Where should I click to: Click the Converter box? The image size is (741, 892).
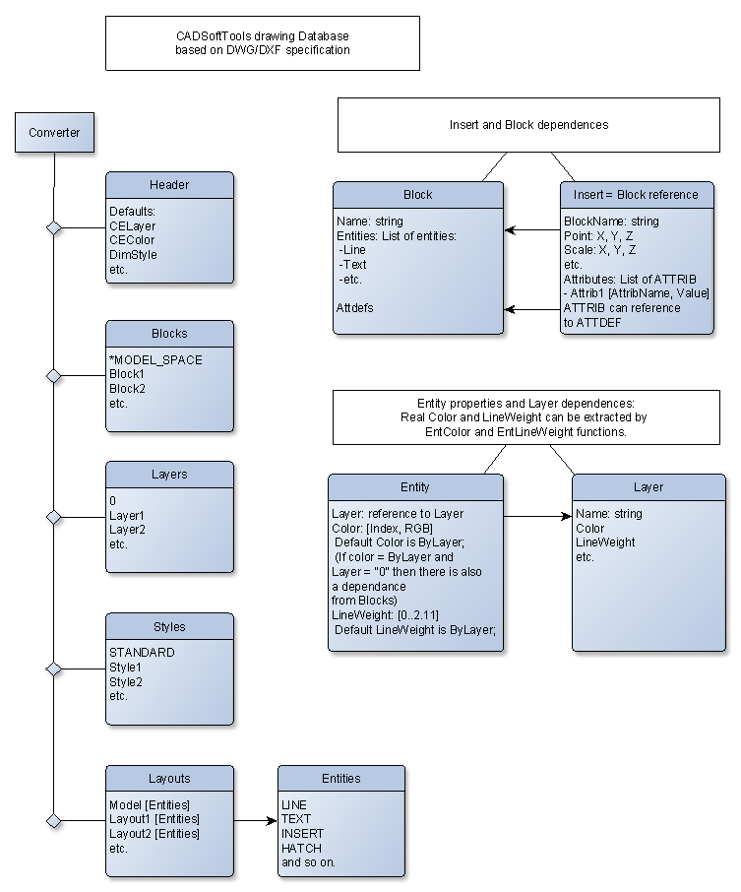pyautogui.click(x=54, y=133)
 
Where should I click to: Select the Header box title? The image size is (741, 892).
pyautogui.click(x=169, y=185)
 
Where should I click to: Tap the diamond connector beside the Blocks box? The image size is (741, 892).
pyautogui.click(x=54, y=376)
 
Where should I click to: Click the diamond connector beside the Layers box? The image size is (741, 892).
pyautogui.click(x=54, y=517)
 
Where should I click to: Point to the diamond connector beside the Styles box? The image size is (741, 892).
pyautogui.click(x=54, y=669)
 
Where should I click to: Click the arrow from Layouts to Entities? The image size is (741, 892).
pyautogui.click(x=255, y=820)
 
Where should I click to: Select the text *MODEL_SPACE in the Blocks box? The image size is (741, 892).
pyautogui.click(x=155, y=360)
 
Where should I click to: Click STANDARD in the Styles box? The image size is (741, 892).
pyautogui.click(x=142, y=653)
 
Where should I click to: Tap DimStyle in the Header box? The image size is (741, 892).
pyautogui.click(x=133, y=255)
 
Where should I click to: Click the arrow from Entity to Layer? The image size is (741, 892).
pyautogui.click(x=537, y=516)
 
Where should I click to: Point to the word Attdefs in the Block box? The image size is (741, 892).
pyautogui.click(x=355, y=308)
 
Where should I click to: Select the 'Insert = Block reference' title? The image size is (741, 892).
pyautogui.click(x=636, y=195)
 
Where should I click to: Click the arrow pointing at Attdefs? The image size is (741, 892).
pyautogui.click(x=532, y=309)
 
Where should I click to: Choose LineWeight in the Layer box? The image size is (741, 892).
pyautogui.click(x=605, y=542)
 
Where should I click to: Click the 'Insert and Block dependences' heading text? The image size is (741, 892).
pyautogui.click(x=528, y=125)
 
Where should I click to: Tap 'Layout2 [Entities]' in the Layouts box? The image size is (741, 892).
pyautogui.click(x=154, y=833)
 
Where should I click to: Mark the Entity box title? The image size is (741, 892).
pyautogui.click(x=415, y=487)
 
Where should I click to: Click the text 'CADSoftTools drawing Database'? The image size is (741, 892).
pyautogui.click(x=263, y=35)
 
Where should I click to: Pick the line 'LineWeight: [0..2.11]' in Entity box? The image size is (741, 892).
pyautogui.click(x=385, y=615)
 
